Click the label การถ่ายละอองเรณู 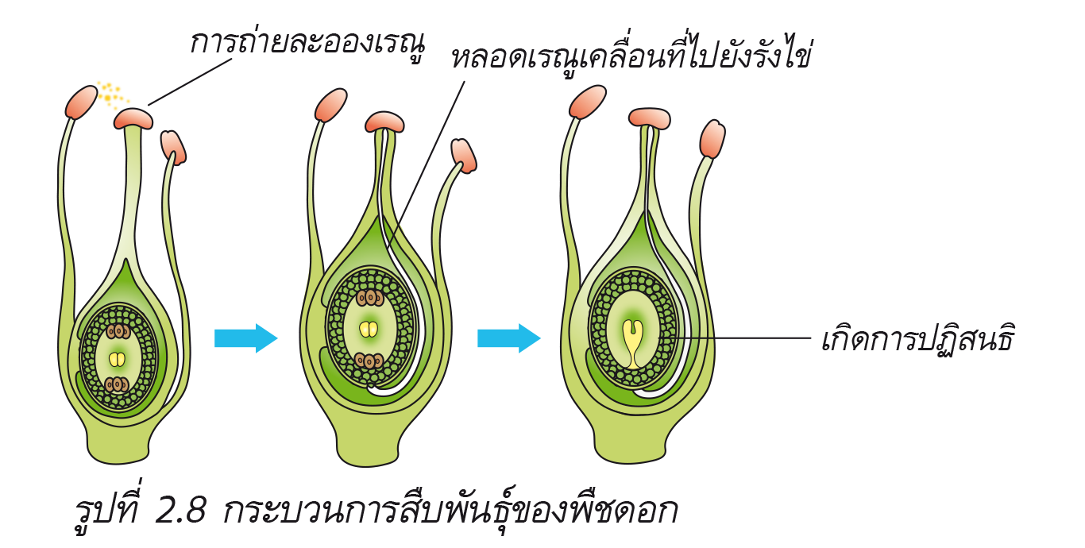pyautogui.click(x=308, y=44)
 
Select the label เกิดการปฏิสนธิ pyautogui.click(x=917, y=339)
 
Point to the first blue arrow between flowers pyautogui.click(x=246, y=338)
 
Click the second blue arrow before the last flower pyautogui.click(x=509, y=338)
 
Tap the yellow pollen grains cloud pyautogui.click(x=112, y=95)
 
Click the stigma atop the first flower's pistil pyautogui.click(x=133, y=118)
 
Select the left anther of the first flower pyautogui.click(x=81, y=102)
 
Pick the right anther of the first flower pyautogui.click(x=173, y=147)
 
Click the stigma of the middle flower pyautogui.click(x=384, y=122)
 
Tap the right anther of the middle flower pyautogui.click(x=464, y=156)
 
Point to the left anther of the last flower pyautogui.click(x=588, y=102)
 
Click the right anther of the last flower pyautogui.click(x=712, y=138)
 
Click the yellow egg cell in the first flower pyautogui.click(x=117, y=359)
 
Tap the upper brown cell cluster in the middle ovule pyautogui.click(x=370, y=298)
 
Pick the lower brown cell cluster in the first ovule pyautogui.click(x=118, y=384)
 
